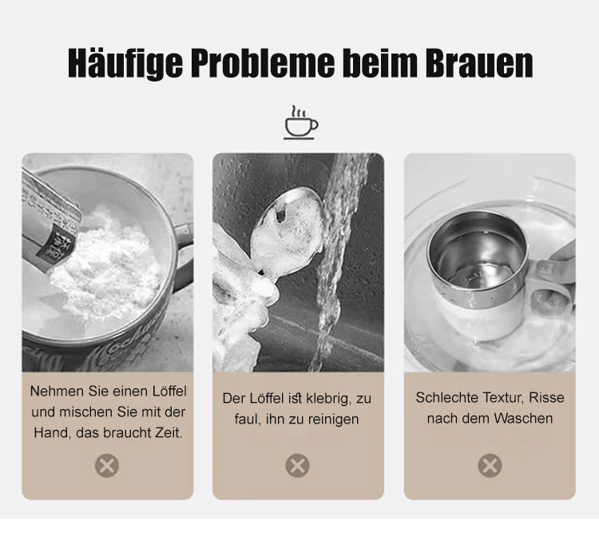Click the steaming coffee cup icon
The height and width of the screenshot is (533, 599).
[x=301, y=122]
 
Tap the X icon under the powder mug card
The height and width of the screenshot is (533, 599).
[x=107, y=466]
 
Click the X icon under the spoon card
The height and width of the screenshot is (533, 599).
[x=298, y=466]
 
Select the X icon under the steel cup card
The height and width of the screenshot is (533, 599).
[x=490, y=466]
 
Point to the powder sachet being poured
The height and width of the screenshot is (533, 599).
[x=50, y=222]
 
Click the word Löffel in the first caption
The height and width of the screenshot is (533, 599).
[x=169, y=391]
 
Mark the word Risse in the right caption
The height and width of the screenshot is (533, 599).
[x=546, y=398]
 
